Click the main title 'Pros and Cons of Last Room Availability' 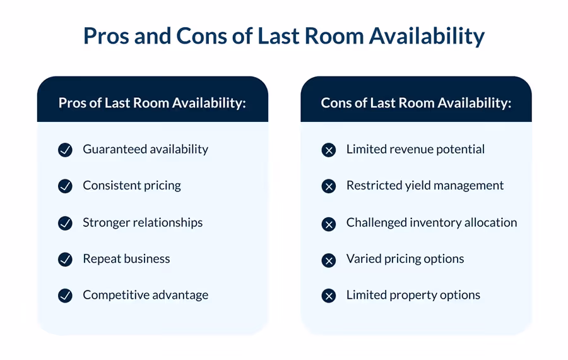(284, 36)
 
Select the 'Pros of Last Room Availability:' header (152, 102)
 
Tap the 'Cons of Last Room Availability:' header (416, 102)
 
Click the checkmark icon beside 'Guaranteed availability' (65, 150)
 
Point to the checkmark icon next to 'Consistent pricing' (65, 186)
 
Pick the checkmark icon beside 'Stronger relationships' (65, 223)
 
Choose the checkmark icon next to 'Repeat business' (65, 259)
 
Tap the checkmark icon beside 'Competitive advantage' (65, 295)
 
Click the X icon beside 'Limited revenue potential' (328, 150)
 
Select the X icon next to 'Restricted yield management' (328, 186)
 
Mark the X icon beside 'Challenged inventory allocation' (328, 223)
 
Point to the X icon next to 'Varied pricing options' (328, 259)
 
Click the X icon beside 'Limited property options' (328, 295)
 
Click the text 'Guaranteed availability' (145, 150)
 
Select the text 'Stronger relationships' (143, 222)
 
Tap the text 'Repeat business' (126, 259)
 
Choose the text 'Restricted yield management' (425, 186)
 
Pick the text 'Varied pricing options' (405, 259)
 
